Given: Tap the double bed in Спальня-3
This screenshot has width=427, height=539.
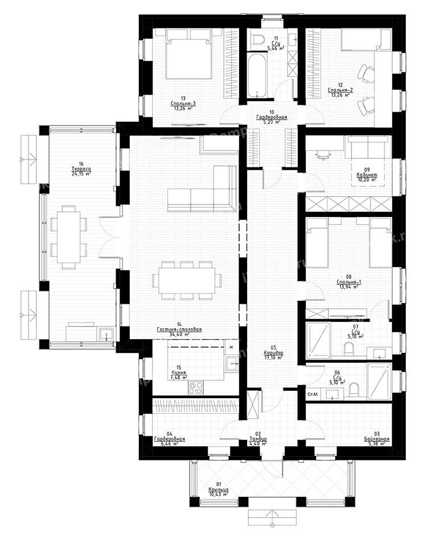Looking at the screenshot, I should pos(187,52).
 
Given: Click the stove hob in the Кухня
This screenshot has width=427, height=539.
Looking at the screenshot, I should pos(197,387).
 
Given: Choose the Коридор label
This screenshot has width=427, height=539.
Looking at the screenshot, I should pos(273,353).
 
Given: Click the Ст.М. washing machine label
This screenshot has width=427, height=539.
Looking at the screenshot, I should pos(313,394).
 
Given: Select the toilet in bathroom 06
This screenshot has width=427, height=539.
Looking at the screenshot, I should pos(354,390).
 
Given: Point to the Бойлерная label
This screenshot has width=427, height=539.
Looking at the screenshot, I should pos(377,439).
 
